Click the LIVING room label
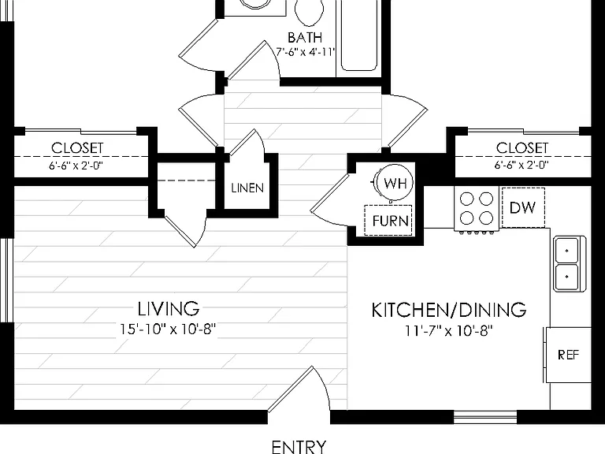point(169,308)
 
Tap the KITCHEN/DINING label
point(449,310)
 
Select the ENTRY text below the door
point(299,447)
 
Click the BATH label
point(305,38)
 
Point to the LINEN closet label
point(247,188)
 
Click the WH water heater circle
point(395,182)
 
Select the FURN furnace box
point(388,220)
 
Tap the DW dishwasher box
point(523,208)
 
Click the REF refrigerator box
point(568,355)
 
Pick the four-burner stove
point(477,209)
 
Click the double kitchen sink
point(569,264)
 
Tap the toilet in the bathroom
point(309,11)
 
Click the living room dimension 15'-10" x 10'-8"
point(168,329)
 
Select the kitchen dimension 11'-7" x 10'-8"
point(449,331)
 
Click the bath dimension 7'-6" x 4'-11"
point(305,52)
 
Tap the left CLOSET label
point(77,148)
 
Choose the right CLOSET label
point(521,148)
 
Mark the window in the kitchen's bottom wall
point(485,417)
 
